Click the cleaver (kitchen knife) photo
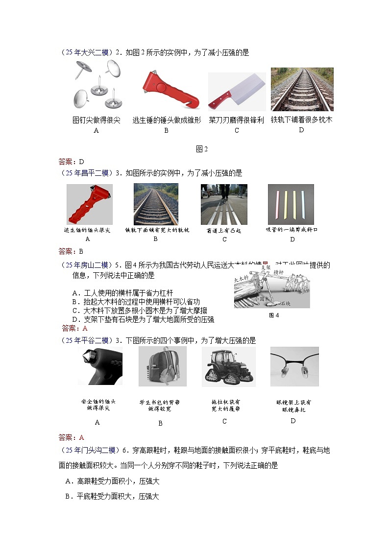237,92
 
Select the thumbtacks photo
97,86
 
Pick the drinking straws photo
291,204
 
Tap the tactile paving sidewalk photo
224,204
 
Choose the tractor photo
228,367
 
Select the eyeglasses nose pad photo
294,367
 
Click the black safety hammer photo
100,367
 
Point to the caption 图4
274,315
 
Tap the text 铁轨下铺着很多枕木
301,120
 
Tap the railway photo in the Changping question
156,204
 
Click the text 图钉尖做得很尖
96,120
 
